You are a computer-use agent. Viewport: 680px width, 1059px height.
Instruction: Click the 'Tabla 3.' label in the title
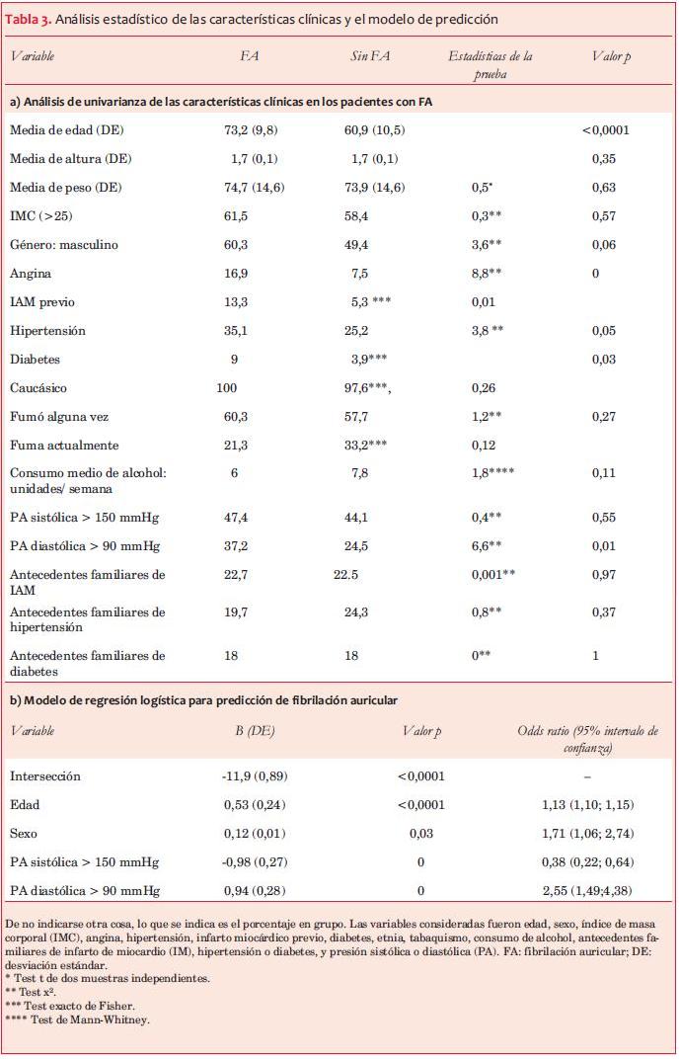tap(31, 19)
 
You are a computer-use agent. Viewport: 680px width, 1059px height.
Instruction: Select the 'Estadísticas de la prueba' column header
tap(490, 64)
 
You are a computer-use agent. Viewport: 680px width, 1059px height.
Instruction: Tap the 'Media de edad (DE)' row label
tap(66, 129)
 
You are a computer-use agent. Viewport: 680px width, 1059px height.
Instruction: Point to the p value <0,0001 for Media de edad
tap(605, 129)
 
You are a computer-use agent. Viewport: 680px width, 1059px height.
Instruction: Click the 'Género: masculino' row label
tap(63, 244)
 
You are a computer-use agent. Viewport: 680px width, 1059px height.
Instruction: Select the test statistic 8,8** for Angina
tap(488, 273)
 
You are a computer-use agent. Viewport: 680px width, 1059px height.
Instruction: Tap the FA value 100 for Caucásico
tap(226, 388)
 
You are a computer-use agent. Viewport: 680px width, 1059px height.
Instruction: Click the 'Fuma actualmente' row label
tap(63, 446)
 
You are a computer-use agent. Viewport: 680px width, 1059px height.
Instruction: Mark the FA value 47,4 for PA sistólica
tap(235, 517)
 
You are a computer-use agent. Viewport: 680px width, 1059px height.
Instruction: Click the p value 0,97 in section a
tap(604, 574)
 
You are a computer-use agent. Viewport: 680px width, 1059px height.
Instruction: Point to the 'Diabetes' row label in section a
tap(36, 360)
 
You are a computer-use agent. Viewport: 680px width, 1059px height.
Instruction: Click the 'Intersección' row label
tap(44, 776)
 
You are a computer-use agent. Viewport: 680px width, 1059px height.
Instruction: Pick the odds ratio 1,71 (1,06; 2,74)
tap(587, 834)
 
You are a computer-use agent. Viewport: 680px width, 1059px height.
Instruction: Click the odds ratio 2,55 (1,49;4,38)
tap(587, 891)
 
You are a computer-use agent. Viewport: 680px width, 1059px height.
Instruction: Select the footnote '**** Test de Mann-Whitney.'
tap(77, 1019)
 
